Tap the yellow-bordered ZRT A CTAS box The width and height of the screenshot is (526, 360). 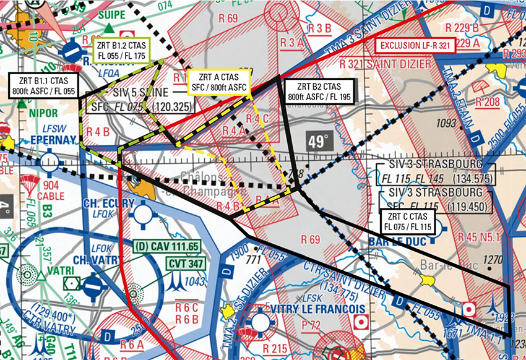pyautogui.click(x=218, y=82)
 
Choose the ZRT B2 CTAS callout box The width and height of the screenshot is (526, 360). pyautogui.click(x=317, y=91)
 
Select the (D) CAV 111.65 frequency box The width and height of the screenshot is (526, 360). pyautogui.click(x=168, y=246)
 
